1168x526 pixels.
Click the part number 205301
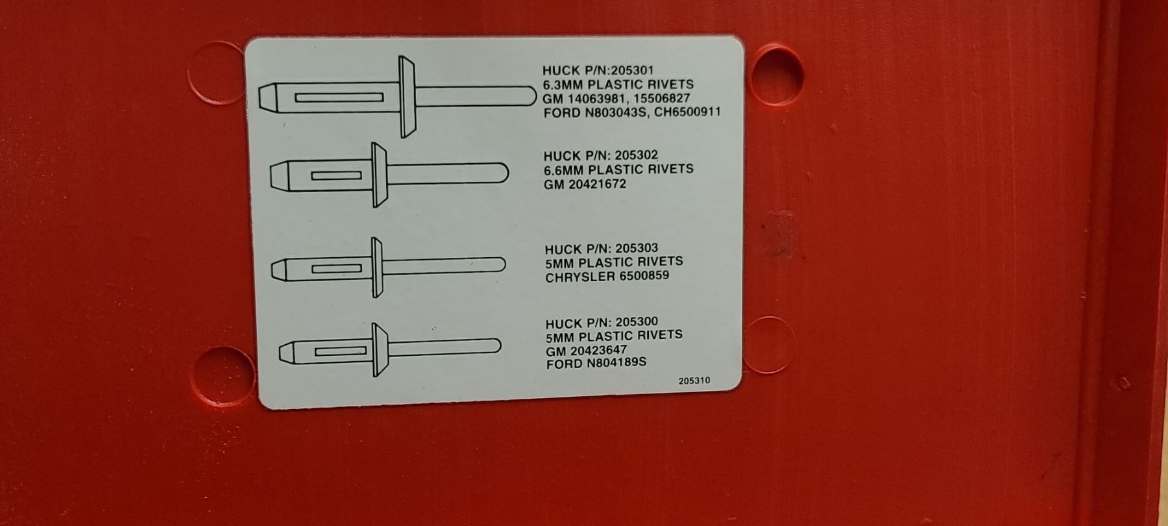[628, 70]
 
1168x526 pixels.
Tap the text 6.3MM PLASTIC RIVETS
[618, 84]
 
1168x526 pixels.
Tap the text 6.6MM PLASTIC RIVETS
[618, 169]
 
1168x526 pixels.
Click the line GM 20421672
[585, 184]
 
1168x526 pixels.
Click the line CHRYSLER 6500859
[607, 276]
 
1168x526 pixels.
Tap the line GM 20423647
[587, 350]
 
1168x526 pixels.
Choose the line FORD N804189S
[596, 363]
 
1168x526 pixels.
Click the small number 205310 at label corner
[694, 381]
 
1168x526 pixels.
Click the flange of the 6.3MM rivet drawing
[406, 97]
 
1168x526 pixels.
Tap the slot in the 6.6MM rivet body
[336, 176]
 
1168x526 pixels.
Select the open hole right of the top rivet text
[775, 75]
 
